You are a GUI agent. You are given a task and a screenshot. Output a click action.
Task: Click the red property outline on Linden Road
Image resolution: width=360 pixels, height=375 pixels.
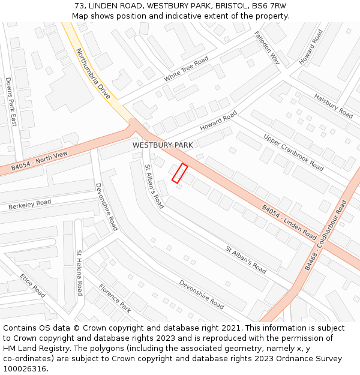[180, 173]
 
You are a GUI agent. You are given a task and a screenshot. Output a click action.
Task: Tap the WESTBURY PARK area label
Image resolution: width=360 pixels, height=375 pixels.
[163, 145]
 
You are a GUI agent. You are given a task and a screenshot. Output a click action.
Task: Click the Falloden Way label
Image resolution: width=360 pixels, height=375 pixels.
[267, 47]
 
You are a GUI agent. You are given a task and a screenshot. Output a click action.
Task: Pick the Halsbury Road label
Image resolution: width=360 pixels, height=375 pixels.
[334, 106]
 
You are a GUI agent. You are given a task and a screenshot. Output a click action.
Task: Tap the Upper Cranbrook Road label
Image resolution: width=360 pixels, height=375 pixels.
[293, 152]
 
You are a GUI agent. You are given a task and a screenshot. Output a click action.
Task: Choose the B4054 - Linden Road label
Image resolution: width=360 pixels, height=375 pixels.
[289, 222]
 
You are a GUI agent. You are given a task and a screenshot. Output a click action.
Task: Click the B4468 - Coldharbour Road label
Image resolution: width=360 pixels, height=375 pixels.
[326, 235]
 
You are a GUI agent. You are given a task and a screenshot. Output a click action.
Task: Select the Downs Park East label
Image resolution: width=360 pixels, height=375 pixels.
[11, 101]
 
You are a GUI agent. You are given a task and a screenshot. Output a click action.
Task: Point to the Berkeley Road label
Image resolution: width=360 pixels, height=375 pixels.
[30, 205]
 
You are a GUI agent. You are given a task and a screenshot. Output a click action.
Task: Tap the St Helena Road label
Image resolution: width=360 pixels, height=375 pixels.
[79, 273]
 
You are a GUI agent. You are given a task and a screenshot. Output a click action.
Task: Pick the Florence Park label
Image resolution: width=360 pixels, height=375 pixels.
[115, 299]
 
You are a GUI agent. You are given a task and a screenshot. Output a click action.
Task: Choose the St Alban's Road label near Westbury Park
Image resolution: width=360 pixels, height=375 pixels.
[154, 187]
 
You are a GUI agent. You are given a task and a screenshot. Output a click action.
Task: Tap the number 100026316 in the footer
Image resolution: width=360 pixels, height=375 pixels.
[26, 369]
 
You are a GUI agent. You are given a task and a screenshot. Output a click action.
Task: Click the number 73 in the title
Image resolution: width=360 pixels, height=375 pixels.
[79, 5]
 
